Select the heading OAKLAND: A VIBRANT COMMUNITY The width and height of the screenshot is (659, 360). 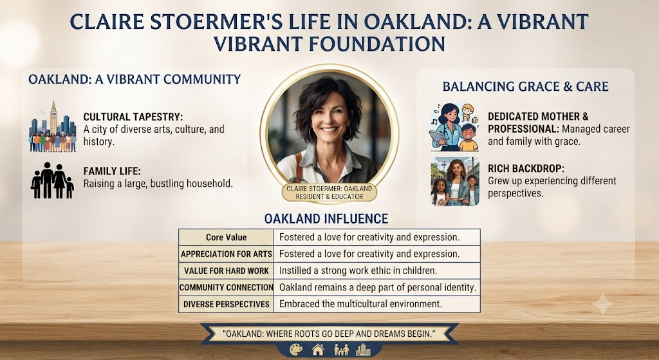135,79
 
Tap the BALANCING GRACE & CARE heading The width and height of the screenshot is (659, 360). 525,86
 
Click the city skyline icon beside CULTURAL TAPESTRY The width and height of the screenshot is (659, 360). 53,126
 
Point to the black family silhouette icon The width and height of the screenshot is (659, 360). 52,180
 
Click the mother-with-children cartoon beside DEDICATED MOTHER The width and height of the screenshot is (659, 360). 454,127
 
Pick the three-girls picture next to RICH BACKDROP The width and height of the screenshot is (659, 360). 455,182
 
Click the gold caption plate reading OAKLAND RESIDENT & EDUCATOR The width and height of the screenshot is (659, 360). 329,192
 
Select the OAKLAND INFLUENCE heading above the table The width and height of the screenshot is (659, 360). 326,219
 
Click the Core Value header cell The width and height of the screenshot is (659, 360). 226,237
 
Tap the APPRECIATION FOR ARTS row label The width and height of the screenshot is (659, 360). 226,254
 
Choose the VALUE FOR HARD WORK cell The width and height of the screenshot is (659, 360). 226,271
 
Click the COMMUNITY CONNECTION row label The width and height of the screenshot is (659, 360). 226,287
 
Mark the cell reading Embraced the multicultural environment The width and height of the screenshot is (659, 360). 376,303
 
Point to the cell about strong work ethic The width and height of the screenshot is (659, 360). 376,271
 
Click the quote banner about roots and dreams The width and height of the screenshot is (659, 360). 329,334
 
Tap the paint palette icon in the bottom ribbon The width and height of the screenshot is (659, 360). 296,349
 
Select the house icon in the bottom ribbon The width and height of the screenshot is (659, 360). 318,349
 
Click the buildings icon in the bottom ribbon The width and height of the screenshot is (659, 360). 363,350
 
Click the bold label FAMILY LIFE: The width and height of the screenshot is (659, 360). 112,171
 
